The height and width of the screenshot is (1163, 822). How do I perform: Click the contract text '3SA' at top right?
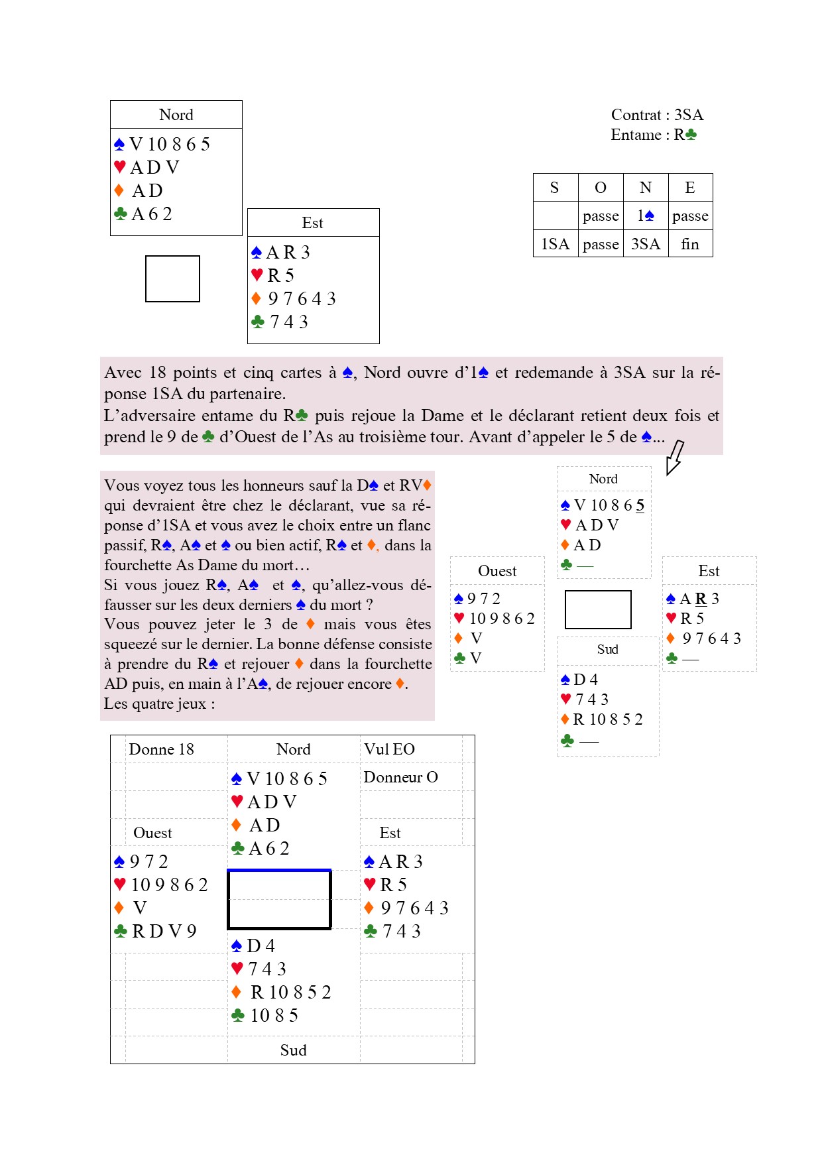pyautogui.click(x=689, y=115)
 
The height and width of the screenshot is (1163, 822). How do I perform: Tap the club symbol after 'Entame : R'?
pyautogui.click(x=691, y=135)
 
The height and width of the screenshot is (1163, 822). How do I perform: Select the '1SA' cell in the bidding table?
pyautogui.click(x=555, y=244)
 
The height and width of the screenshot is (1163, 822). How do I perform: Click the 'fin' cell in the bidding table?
pyautogui.click(x=690, y=244)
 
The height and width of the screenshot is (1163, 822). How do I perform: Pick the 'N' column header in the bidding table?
pyautogui.click(x=645, y=188)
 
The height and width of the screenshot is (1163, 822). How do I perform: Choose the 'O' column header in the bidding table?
pyautogui.click(x=601, y=188)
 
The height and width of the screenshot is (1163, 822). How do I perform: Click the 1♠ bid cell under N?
pyautogui.click(x=646, y=215)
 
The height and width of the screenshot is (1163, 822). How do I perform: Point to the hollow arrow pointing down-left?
pyautogui.click(x=674, y=458)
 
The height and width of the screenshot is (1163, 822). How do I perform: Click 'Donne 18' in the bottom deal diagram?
pyautogui.click(x=161, y=749)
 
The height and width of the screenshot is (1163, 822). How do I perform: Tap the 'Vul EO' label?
pyautogui.click(x=389, y=749)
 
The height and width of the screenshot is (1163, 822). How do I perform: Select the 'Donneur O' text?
pyautogui.click(x=400, y=777)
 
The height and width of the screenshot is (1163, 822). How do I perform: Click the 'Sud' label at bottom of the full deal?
pyautogui.click(x=293, y=1050)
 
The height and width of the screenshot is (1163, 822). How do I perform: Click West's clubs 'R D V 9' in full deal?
pyautogui.click(x=164, y=931)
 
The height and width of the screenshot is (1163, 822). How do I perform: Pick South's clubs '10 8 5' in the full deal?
pyautogui.click(x=274, y=1015)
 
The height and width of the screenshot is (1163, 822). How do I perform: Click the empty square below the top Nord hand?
pyautogui.click(x=172, y=278)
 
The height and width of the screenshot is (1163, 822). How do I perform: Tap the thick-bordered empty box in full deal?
pyautogui.click(x=279, y=899)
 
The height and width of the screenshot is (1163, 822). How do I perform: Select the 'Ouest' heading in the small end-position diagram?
pyautogui.click(x=497, y=571)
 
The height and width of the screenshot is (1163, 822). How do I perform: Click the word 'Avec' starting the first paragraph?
pyautogui.click(x=123, y=373)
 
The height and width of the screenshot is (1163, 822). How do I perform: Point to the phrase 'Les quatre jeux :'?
pyautogui.click(x=159, y=704)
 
